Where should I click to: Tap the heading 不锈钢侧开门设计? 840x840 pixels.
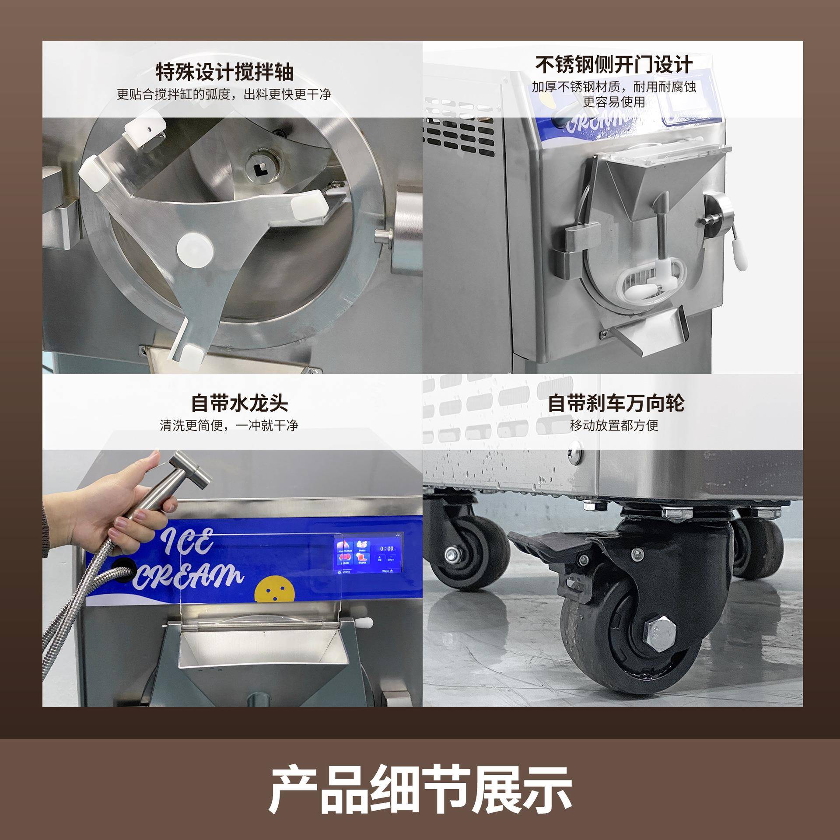(x=614, y=65)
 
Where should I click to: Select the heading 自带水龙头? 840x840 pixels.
(x=239, y=403)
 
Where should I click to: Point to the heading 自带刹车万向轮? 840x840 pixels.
(x=616, y=403)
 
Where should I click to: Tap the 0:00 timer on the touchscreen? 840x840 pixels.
(x=387, y=548)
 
